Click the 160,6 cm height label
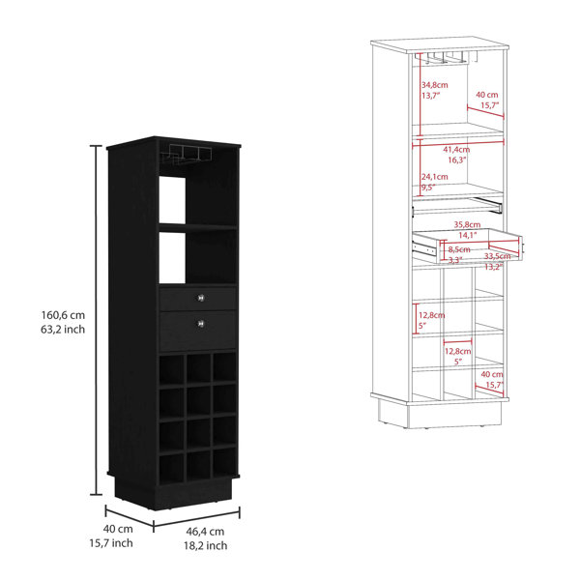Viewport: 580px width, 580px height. pyautogui.click(x=63, y=315)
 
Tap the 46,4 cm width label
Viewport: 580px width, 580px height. pyautogui.click(x=205, y=532)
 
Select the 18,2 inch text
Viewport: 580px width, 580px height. pyautogui.click(x=206, y=545)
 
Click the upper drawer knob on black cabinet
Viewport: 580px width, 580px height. pyautogui.click(x=201, y=298)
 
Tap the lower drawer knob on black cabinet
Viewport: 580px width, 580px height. pyautogui.click(x=201, y=324)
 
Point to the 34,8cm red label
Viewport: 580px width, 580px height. pyautogui.click(x=435, y=85)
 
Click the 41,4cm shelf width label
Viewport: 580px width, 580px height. pyautogui.click(x=456, y=150)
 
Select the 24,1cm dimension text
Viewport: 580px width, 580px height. pyautogui.click(x=435, y=177)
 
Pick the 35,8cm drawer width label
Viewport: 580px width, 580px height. pyautogui.click(x=467, y=224)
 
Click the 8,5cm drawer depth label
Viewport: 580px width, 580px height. pyautogui.click(x=459, y=249)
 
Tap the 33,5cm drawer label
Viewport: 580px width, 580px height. pyautogui.click(x=498, y=256)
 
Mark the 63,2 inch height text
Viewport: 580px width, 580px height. pyautogui.click(x=63, y=330)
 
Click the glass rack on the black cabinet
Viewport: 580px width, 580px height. pyautogui.click(x=187, y=155)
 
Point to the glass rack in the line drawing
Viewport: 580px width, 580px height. pyautogui.click(x=446, y=58)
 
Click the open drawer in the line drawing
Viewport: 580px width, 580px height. pyautogui.click(x=467, y=246)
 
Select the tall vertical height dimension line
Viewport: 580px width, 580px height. pyautogui.click(x=97, y=320)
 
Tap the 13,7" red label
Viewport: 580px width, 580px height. pyautogui.click(x=430, y=96)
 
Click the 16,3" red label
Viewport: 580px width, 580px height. pyautogui.click(x=457, y=160)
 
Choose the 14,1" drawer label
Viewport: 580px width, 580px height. pyautogui.click(x=468, y=235)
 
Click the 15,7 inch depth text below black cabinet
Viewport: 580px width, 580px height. pyautogui.click(x=111, y=543)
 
